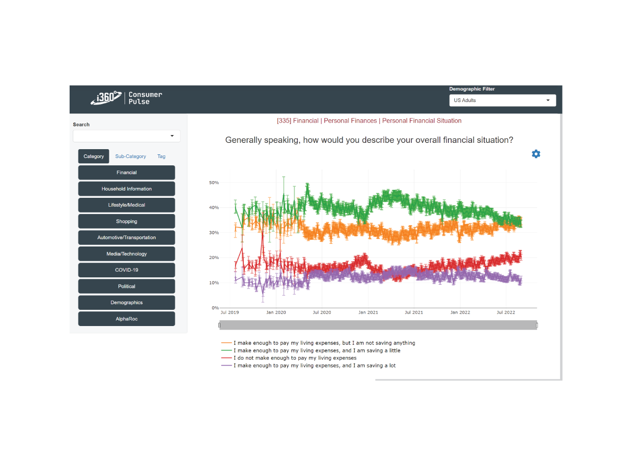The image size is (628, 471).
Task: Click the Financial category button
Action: [127, 173]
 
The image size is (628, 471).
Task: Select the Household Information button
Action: [127, 189]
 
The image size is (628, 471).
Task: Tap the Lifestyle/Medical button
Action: [127, 205]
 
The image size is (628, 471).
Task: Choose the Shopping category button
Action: [127, 221]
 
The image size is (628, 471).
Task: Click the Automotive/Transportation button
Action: [127, 238]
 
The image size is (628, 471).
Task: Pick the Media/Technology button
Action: [127, 254]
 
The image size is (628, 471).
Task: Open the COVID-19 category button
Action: [127, 270]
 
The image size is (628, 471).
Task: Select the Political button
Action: [127, 286]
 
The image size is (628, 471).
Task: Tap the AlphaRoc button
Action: [127, 319]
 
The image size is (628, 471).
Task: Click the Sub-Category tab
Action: [131, 156]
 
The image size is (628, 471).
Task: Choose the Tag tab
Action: [161, 156]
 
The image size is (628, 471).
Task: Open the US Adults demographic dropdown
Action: [502, 100]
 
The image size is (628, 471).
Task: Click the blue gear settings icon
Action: [536, 154]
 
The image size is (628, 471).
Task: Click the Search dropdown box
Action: [127, 136]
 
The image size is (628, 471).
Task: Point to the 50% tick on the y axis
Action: [214, 183]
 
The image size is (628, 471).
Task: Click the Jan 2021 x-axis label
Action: [368, 313]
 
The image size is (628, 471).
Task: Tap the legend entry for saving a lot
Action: [315, 366]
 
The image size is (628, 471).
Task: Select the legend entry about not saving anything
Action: [324, 343]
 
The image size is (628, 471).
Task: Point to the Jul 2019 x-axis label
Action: [230, 313]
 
